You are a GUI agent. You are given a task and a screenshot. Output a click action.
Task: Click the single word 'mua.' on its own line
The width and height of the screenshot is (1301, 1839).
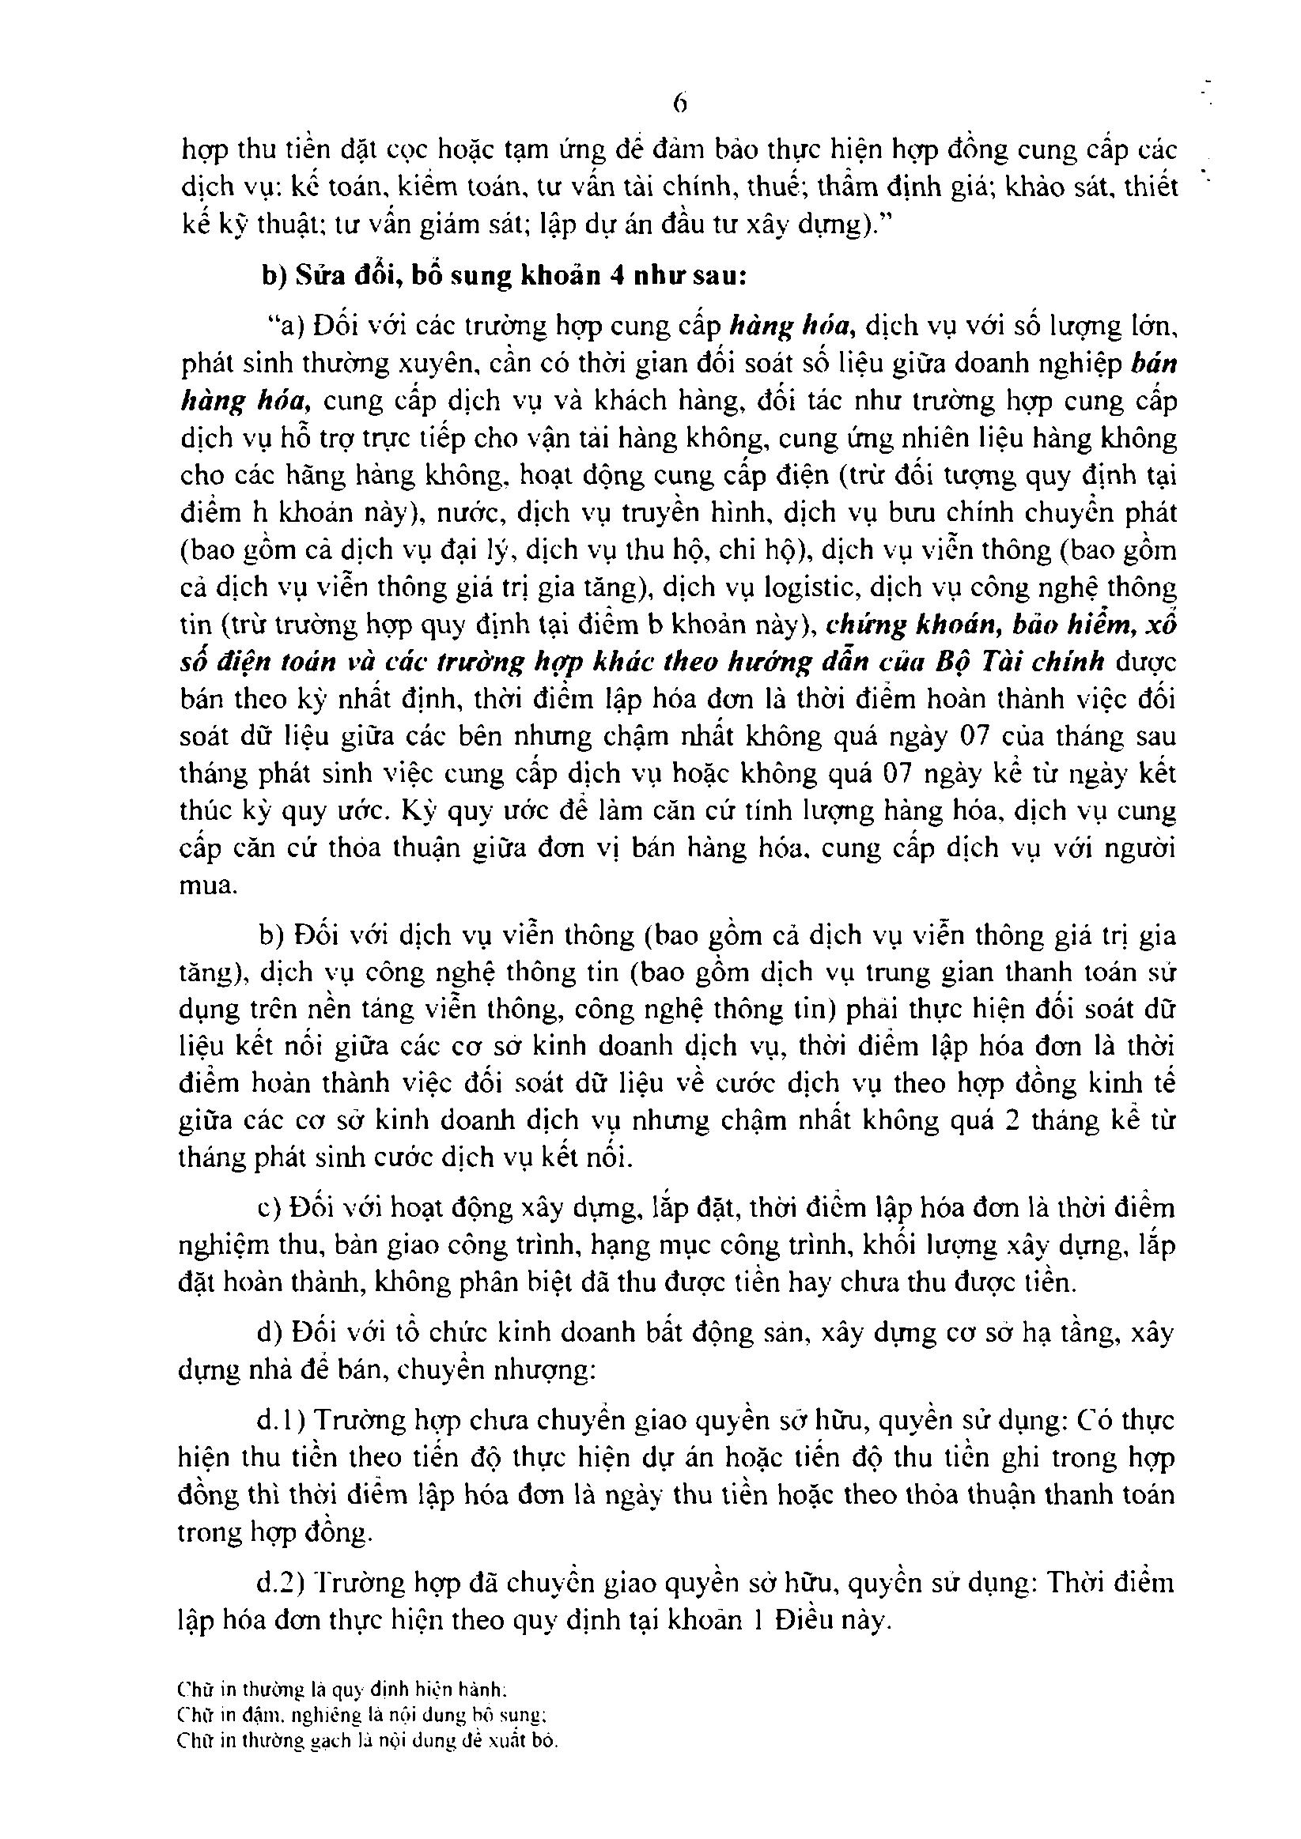(208, 886)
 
